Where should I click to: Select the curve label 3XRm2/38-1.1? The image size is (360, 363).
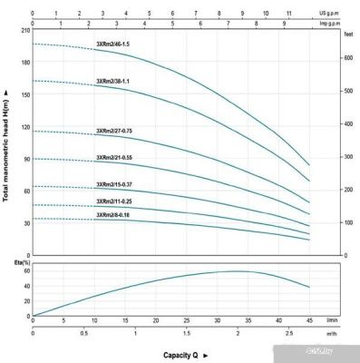tap(113, 83)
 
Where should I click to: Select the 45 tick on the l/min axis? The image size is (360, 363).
tap(309, 320)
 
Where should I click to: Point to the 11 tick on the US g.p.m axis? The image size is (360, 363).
tap(288, 15)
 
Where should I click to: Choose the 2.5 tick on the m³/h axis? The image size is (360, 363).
tap(289, 334)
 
